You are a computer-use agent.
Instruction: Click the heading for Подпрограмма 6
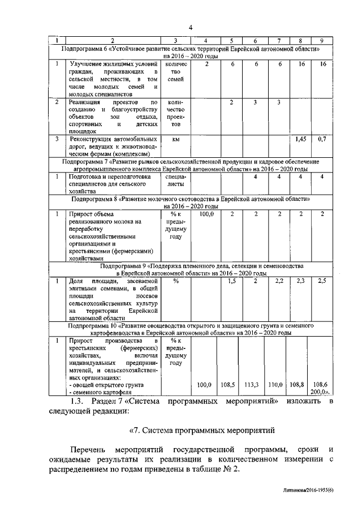(x=191, y=53)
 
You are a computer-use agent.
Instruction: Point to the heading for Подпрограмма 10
(x=191, y=330)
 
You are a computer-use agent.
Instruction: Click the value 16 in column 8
(x=301, y=64)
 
